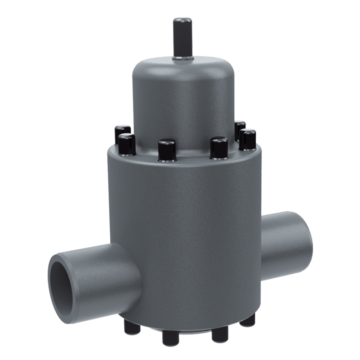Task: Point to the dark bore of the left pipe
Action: tap(63, 279)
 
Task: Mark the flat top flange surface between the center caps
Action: tap(192, 157)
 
